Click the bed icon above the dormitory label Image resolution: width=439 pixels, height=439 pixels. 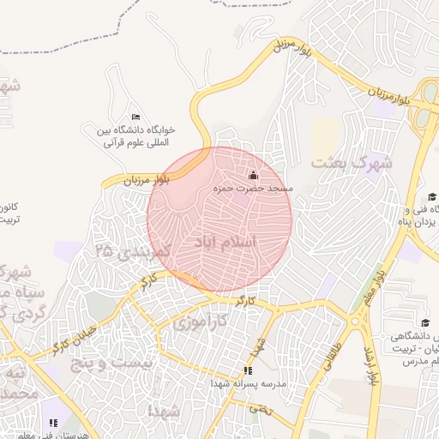point(135,117)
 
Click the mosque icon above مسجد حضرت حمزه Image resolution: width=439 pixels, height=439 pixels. point(252,176)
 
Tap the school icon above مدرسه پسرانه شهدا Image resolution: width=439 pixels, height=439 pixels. point(248,370)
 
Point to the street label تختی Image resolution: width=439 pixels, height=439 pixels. point(258,409)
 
